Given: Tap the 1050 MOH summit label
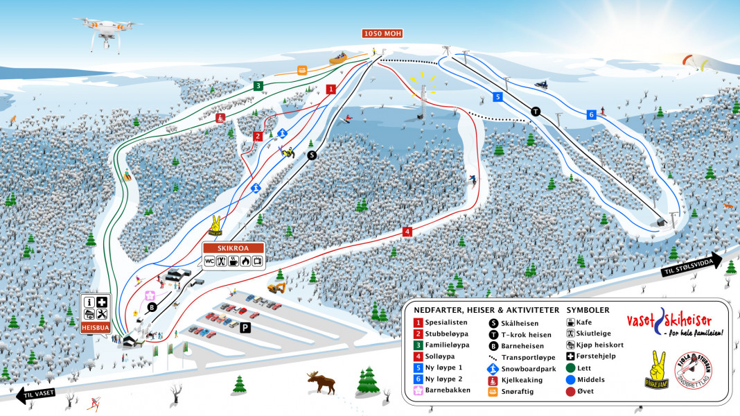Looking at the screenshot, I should (382, 33).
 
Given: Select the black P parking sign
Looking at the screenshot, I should (245, 328).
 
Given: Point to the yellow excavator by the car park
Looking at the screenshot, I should (277, 286).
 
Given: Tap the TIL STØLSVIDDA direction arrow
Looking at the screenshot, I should (691, 266).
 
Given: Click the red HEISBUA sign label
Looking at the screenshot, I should (95, 327).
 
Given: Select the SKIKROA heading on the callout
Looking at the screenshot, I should (234, 248).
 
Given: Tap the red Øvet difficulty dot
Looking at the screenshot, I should (570, 391).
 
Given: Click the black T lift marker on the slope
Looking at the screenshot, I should (535, 111).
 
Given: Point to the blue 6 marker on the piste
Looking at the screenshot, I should (591, 114).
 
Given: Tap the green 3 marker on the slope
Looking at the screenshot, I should (258, 86).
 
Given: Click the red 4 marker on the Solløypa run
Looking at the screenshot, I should (407, 232).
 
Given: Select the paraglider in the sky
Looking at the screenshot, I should (695, 62).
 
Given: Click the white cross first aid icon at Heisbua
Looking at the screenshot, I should (102, 302).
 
